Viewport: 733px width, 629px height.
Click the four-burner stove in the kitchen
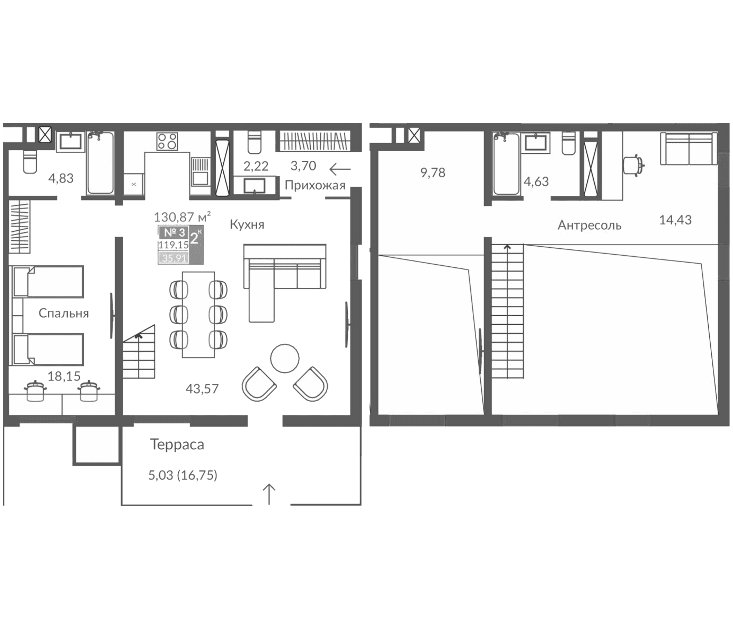pos(167,141)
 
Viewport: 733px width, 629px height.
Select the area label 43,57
pos(202,389)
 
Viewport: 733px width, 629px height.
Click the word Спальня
pos(64,313)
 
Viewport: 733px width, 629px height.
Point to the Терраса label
pos(177,444)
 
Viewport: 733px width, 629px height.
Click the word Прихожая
pos(315,186)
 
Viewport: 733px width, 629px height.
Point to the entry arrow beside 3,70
pos(340,169)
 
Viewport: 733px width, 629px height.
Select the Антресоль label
pos(590,225)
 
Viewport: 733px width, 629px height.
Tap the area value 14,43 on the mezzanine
pos(675,220)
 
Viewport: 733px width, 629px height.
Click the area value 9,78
pos(433,173)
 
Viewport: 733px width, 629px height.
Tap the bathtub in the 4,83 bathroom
pos(101,163)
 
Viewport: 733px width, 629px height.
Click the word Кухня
pos(247,225)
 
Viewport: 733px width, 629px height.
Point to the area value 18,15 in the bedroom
pos(64,376)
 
